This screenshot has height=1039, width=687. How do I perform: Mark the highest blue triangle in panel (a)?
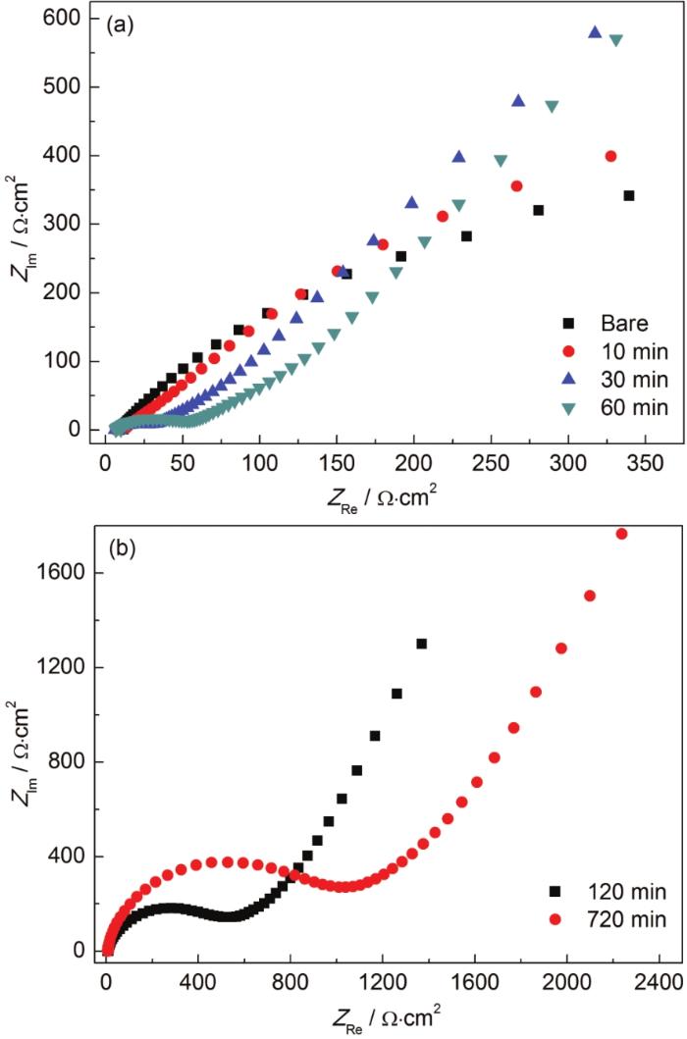tap(595, 32)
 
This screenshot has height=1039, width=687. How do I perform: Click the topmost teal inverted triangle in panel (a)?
tap(616, 40)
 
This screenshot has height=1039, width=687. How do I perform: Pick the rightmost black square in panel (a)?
tap(629, 195)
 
